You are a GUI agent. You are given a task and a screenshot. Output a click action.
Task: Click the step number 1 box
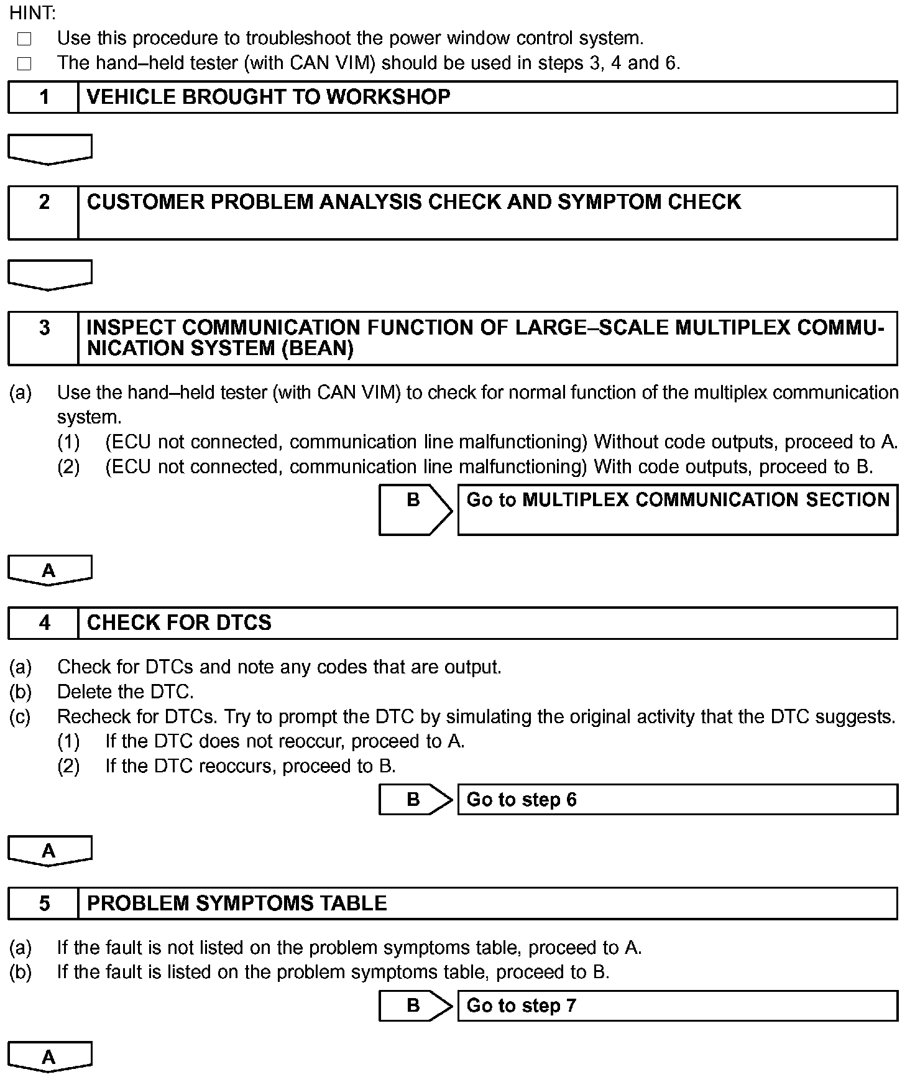coord(44,97)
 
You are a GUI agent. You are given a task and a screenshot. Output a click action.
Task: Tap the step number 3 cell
coord(44,338)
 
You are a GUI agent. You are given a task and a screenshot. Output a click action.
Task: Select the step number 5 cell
coord(44,903)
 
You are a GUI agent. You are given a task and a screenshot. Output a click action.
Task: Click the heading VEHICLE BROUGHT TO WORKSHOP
coord(269,97)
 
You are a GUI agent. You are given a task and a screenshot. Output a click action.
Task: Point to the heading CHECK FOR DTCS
coord(179,622)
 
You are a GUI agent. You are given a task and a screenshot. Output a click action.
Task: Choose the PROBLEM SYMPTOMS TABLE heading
coord(237,903)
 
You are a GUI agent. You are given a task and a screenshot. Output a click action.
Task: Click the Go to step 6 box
coord(678,800)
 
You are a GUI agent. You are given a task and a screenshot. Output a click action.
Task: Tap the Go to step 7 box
coord(678,1006)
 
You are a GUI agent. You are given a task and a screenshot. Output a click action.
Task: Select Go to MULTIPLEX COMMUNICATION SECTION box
coord(678,509)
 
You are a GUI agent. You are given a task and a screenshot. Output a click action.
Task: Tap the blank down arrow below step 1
coord(50,149)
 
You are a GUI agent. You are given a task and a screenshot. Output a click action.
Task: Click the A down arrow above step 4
coord(50,570)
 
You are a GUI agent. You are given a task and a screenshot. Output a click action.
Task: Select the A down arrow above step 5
coord(50,851)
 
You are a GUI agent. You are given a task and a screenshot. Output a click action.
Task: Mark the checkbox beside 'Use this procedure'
coord(24,39)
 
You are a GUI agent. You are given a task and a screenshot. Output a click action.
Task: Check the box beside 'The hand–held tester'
coord(24,63)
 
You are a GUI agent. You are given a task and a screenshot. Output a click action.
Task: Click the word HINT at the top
coord(32,12)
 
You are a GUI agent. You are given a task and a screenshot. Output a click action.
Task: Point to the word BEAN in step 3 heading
coord(317,349)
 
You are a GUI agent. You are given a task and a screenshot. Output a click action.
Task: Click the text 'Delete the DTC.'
coord(125,691)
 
